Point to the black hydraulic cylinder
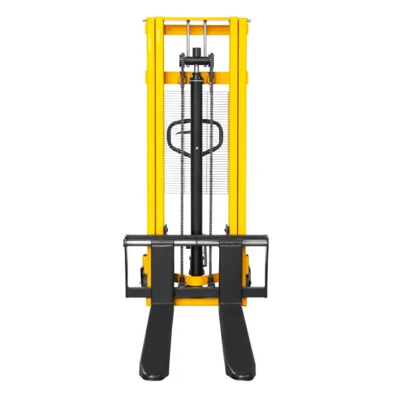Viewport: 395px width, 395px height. (x=196, y=165)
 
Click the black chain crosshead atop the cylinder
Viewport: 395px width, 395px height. (x=196, y=61)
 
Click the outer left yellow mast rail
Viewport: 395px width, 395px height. (x=150, y=132)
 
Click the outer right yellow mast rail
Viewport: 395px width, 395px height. (x=243, y=132)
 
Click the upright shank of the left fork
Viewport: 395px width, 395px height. (x=162, y=270)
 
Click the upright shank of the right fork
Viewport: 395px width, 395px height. (x=231, y=270)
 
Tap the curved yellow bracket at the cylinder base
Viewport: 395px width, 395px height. (x=196, y=281)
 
